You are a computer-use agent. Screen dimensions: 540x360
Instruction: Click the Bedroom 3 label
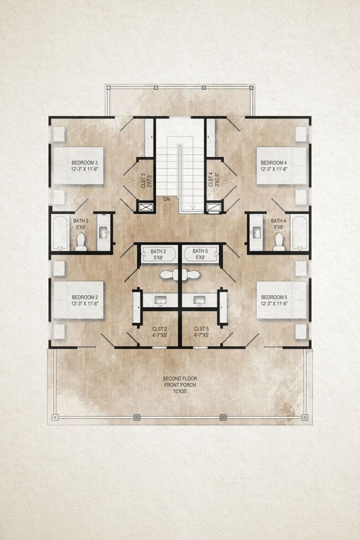click(x=84, y=165)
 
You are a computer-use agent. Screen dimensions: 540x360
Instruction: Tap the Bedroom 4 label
click(x=275, y=165)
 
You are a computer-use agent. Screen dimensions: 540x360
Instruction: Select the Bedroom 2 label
click(x=84, y=300)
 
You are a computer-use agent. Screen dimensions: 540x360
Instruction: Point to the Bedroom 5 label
click(x=275, y=300)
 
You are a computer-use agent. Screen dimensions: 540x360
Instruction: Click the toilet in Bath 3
click(x=81, y=241)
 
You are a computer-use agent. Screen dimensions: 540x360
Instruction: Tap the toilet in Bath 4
click(x=279, y=241)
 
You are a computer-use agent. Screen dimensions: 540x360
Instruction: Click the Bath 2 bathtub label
click(x=158, y=254)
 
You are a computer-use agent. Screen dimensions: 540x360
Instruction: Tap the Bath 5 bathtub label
click(x=200, y=254)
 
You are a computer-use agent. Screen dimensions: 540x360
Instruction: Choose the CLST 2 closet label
click(x=159, y=332)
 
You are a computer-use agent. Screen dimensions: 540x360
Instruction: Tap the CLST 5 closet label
click(x=200, y=332)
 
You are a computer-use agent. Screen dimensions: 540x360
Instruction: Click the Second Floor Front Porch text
click(x=179, y=384)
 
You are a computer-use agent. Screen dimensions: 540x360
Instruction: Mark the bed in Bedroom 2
click(x=78, y=300)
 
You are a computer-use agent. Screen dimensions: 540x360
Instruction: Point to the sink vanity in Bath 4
click(x=256, y=232)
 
